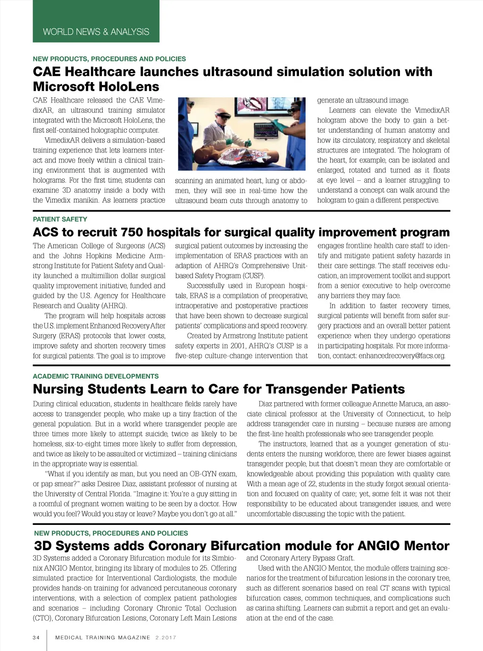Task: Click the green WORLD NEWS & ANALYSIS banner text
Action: click(x=96, y=32)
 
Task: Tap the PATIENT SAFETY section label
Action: click(x=60, y=219)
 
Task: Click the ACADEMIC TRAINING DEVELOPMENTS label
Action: click(x=96, y=376)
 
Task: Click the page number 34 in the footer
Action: click(x=36, y=637)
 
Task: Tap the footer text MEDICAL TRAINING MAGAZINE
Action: click(x=102, y=637)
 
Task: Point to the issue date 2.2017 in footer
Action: click(x=166, y=637)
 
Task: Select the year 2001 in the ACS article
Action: click(x=238, y=346)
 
